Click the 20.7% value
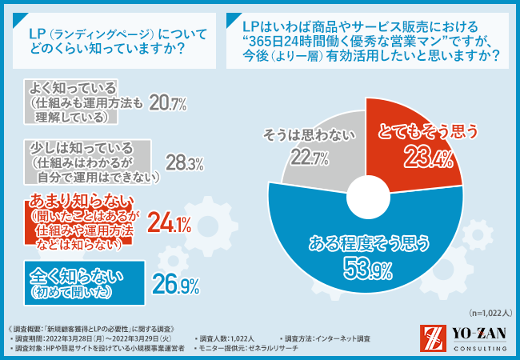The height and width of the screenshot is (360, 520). (x=168, y=102)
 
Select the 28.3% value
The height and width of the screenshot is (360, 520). (x=184, y=162)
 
